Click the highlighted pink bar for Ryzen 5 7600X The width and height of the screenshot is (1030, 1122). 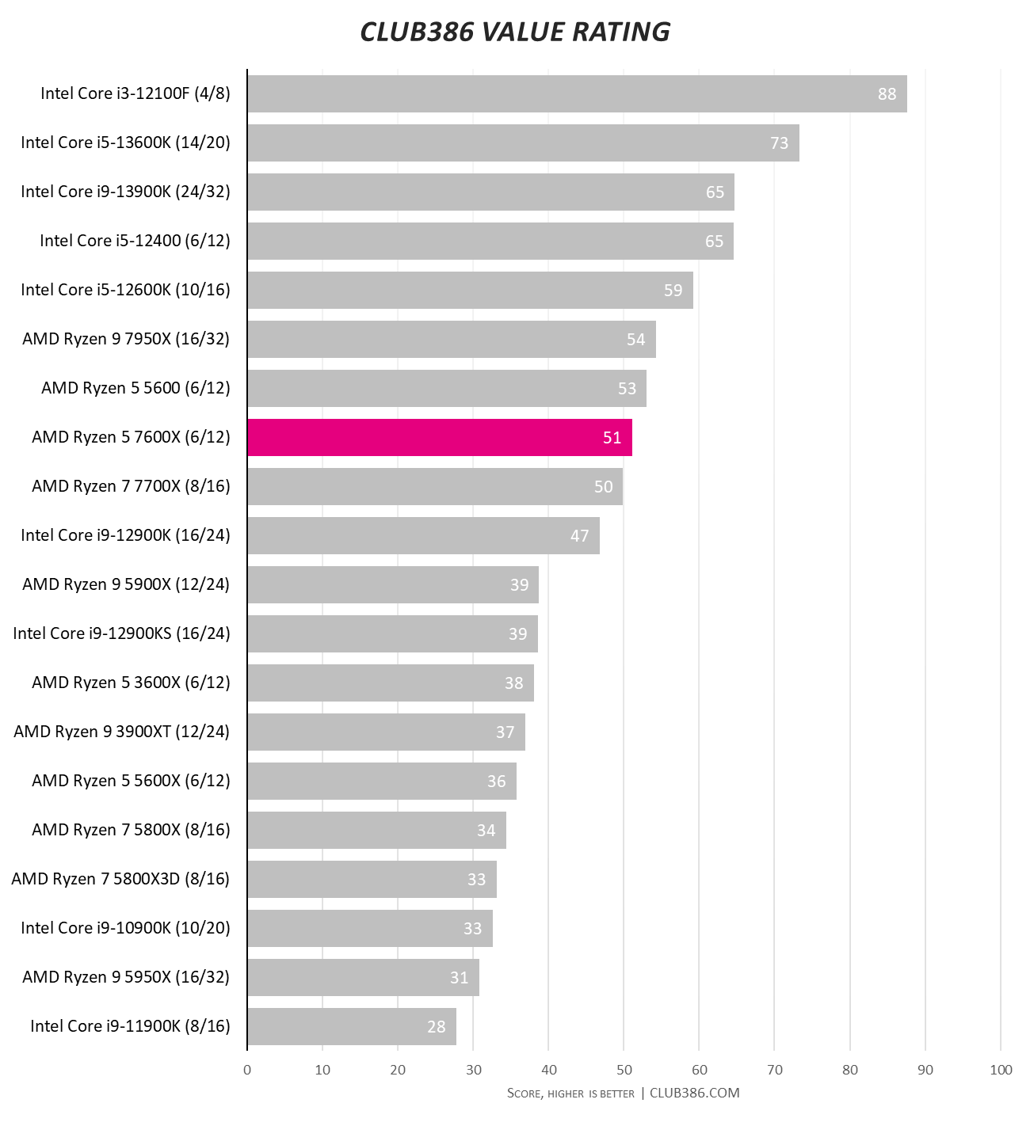pos(440,437)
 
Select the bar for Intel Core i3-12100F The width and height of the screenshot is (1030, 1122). pos(577,93)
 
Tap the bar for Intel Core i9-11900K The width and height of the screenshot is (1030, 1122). pos(352,1026)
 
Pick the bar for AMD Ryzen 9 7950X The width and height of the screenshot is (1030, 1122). pos(452,339)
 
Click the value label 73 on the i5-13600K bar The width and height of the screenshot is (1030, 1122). pos(779,143)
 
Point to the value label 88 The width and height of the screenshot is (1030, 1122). pos(887,93)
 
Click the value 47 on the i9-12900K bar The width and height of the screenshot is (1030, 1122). pos(579,535)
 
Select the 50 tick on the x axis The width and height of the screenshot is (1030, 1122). pos(624,1070)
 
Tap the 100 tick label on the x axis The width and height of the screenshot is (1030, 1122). pos(1001,1070)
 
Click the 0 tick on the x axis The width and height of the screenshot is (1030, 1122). pos(247,1070)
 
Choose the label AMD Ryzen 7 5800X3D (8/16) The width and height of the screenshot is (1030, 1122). pos(120,879)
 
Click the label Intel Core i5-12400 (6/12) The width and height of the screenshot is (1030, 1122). pos(135,241)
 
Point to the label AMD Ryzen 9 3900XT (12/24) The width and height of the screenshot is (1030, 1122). pos(121,732)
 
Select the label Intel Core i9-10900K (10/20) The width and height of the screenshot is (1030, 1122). pos(125,928)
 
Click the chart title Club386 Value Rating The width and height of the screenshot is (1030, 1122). pos(515,32)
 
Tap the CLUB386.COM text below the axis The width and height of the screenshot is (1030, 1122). pos(694,1093)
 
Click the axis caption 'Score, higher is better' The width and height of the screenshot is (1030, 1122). pos(570,1093)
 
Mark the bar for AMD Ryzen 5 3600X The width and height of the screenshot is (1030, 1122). pos(391,683)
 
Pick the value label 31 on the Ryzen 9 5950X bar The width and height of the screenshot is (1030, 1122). pos(459,977)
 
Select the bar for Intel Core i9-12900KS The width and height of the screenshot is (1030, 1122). pos(392,633)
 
